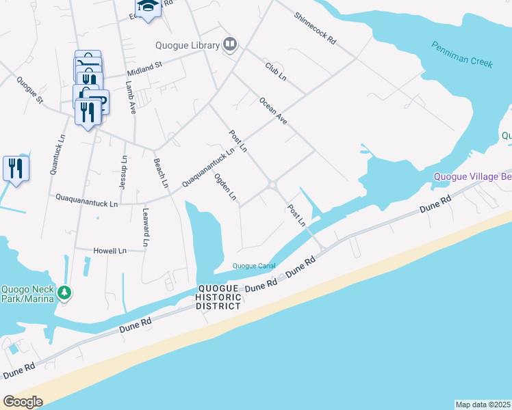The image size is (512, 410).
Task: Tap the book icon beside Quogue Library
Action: (230, 46)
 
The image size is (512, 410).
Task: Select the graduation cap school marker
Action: (147, 8)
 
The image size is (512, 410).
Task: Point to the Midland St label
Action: (144, 69)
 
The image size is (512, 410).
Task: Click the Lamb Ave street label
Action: (130, 97)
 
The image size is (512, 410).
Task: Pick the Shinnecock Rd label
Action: (316, 29)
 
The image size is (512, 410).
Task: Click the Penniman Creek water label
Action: (462, 54)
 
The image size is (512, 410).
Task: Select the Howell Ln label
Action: (110, 251)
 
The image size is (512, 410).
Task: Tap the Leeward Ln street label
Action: (146, 227)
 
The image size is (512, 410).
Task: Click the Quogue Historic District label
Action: (219, 297)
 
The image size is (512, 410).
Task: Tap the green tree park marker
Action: (64, 292)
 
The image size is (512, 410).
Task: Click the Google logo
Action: (23, 402)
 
